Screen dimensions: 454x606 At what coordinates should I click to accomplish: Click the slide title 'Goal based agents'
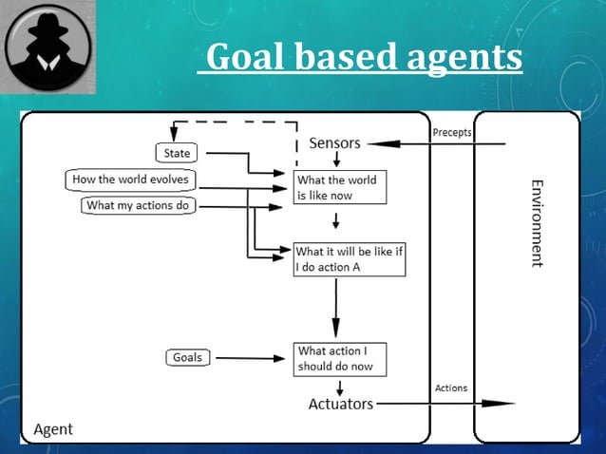(364, 57)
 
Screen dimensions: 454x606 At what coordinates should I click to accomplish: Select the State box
(177, 153)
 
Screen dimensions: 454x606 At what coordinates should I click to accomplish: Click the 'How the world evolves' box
(130, 180)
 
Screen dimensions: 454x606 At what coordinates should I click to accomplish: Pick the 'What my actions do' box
(137, 205)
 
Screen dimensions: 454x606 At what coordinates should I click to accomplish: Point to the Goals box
(187, 357)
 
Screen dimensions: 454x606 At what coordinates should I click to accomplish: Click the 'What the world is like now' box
(340, 186)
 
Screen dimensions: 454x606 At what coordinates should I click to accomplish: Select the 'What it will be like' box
(349, 259)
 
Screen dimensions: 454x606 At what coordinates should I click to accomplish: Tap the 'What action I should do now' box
(341, 359)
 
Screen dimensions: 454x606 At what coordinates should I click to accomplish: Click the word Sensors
(334, 143)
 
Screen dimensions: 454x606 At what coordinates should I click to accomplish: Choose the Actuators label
(341, 404)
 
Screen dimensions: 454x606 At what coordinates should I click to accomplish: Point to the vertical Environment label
(537, 222)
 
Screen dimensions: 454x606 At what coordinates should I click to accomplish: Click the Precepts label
(451, 133)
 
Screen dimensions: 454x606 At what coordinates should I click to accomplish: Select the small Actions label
(450, 388)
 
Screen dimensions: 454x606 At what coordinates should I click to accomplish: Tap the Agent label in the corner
(53, 429)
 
